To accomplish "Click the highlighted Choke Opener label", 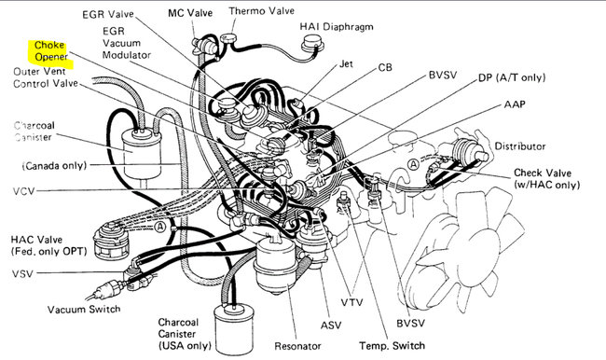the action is click(50, 51).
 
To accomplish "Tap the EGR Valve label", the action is click(108, 14).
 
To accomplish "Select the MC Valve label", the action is click(190, 13).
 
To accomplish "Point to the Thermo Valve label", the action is click(261, 11).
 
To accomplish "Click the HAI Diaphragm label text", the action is click(337, 27).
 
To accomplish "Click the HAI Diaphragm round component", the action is click(312, 45).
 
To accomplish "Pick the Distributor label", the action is click(520, 146).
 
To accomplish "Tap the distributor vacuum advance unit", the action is click(469, 151).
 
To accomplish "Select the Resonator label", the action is click(297, 346).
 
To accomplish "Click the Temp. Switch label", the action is click(392, 346).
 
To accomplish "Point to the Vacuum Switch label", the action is click(84, 310).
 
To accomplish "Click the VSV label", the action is click(22, 274).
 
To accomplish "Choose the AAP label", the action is click(515, 104).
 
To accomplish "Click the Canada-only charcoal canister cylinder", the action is click(141, 154).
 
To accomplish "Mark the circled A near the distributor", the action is click(414, 165).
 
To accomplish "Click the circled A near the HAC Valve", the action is click(160, 227).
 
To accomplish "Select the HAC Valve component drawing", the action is click(112, 242).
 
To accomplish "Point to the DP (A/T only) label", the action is click(512, 77).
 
